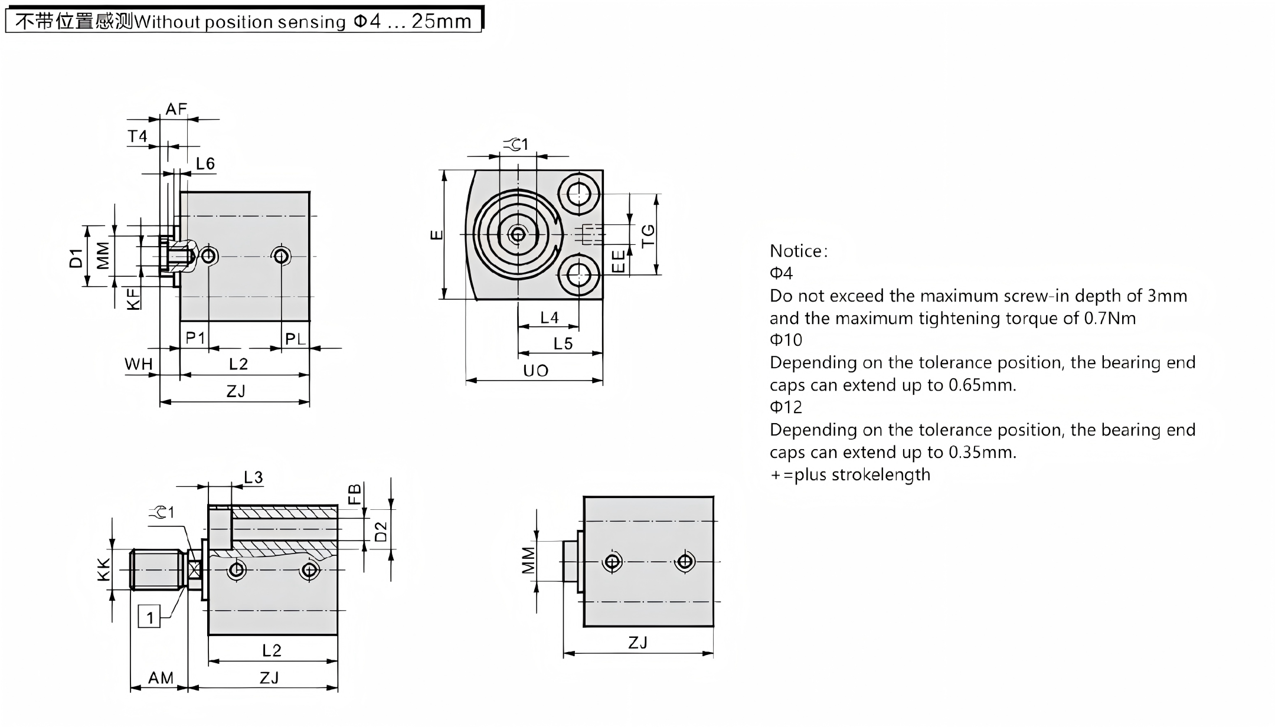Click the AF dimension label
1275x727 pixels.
click(176, 109)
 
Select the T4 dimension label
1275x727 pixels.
click(138, 136)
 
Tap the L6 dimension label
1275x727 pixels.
click(205, 163)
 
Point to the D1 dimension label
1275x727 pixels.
click(76, 258)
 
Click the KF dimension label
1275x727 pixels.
click(135, 299)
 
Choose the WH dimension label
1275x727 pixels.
click(139, 364)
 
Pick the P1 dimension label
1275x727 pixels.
click(195, 338)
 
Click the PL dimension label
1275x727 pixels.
click(295, 339)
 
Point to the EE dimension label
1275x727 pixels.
click(618, 261)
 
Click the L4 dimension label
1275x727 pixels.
click(549, 318)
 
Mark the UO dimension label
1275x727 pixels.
click(535, 371)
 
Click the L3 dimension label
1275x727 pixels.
click(253, 477)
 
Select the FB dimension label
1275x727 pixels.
click(354, 494)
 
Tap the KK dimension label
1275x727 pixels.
click(103, 569)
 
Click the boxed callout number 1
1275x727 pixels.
click(149, 617)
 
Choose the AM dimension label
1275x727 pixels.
click(161, 678)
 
